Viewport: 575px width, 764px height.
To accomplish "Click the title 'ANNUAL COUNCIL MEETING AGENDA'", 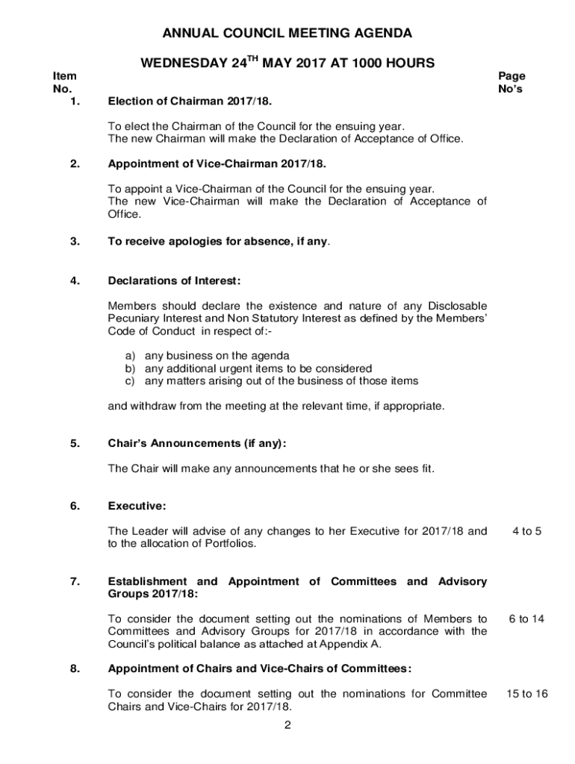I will click(287, 34).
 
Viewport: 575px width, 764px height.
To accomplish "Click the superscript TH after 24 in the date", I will click(254, 60).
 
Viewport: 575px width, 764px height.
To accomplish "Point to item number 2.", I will click(74, 163).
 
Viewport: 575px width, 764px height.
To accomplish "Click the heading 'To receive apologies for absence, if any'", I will click(219, 242).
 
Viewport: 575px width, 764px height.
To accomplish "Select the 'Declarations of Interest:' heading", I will click(175, 281).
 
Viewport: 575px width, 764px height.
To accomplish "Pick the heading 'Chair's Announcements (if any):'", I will click(197, 443).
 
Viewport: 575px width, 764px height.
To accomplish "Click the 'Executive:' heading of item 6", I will click(137, 506).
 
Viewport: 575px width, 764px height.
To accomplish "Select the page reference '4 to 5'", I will click(526, 531).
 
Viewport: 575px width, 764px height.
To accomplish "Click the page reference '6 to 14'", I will click(526, 619).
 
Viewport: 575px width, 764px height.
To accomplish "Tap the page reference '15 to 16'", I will click(526, 694).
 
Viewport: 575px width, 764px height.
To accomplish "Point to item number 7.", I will click(74, 581).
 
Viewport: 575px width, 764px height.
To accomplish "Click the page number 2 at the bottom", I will click(287, 727).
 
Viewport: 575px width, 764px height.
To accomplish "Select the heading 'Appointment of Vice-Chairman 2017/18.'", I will click(217, 163).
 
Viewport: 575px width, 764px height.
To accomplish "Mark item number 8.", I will click(74, 668).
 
